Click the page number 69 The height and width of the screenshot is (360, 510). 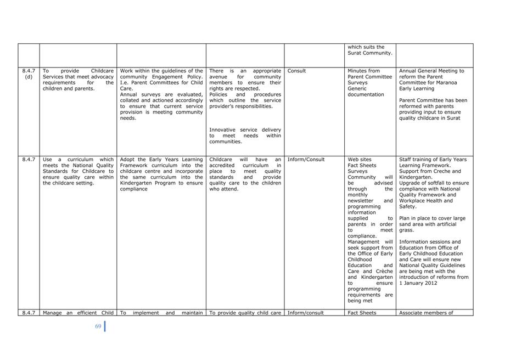click(98, 327)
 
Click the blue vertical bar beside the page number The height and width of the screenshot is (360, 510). click(104, 326)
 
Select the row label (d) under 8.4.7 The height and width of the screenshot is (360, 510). click(29, 77)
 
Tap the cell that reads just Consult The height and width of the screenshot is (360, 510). click(296, 71)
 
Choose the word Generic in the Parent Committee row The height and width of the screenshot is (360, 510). click(357, 88)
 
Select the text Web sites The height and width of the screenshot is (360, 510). click(360, 160)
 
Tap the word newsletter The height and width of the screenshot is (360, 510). click(360, 201)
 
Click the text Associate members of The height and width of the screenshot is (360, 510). click(426, 313)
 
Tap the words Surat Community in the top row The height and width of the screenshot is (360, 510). click(370, 53)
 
